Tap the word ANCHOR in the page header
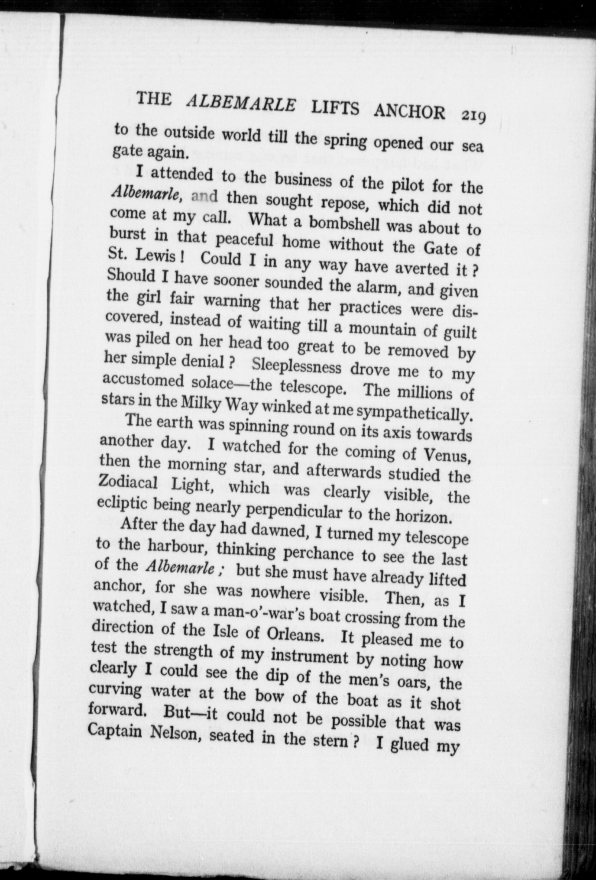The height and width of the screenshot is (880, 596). pos(409,112)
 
